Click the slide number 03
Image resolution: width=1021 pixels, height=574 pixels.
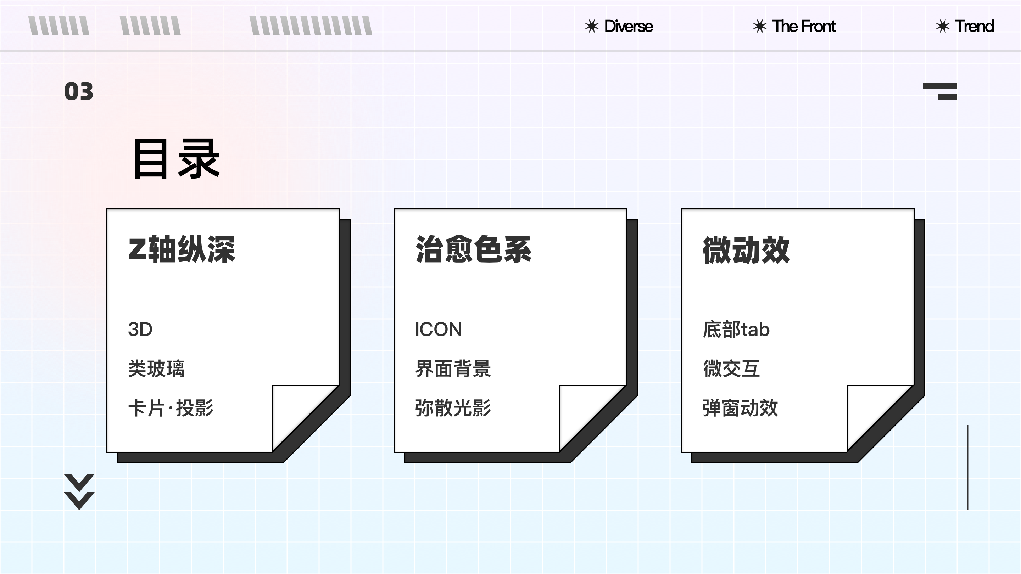tap(79, 91)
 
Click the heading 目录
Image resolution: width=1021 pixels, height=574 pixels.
tap(177, 159)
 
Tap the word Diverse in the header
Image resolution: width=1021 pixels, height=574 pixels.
tap(628, 27)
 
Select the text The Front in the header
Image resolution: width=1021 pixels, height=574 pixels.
tap(804, 27)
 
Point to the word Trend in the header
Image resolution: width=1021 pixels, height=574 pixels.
tap(974, 27)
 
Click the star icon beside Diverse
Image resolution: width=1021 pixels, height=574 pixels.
tap(591, 27)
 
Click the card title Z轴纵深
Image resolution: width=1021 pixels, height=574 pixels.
tap(182, 249)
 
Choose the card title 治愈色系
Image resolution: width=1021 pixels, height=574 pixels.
tap(473, 249)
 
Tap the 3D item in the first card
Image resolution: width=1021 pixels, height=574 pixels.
tap(140, 330)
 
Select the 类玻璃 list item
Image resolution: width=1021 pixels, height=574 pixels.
tap(156, 369)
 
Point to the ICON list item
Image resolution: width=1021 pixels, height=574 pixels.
tap(439, 330)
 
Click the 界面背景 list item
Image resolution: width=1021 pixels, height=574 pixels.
tap(453, 369)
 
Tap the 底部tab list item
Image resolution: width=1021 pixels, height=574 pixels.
tap(736, 330)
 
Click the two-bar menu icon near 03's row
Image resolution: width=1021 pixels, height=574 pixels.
tap(940, 91)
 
